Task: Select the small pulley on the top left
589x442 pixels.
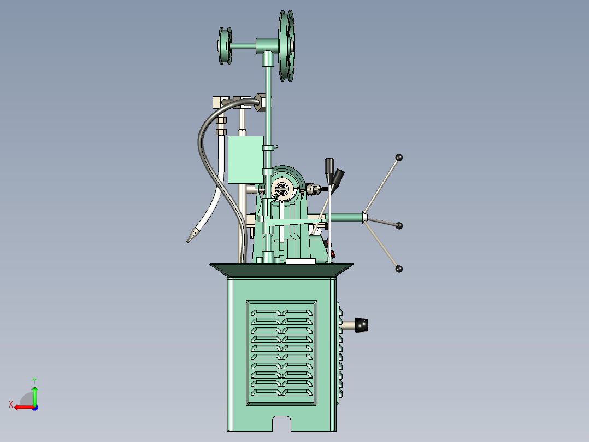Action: click(x=225, y=46)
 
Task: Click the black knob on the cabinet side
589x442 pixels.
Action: click(x=362, y=325)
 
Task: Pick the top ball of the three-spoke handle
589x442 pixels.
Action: click(x=399, y=158)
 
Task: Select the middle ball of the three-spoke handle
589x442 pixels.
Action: click(x=399, y=225)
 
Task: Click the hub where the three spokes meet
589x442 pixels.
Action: click(x=364, y=218)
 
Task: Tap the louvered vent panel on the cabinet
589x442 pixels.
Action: click(x=282, y=352)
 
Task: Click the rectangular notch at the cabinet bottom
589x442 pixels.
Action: click(x=282, y=423)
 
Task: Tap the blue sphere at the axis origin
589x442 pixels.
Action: click(x=34, y=407)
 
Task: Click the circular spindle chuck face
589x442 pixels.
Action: click(x=282, y=189)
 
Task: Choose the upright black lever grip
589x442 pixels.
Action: click(x=329, y=166)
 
